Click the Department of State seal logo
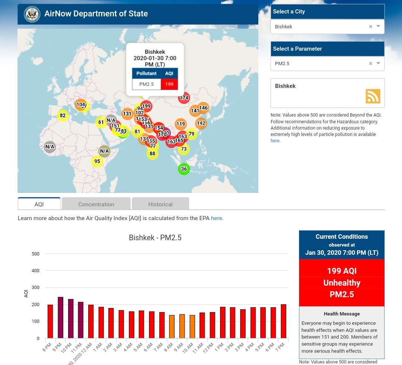pyautogui.click(x=32, y=14)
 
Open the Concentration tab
pyautogui.click(x=96, y=204)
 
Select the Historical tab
pyautogui.click(x=160, y=204)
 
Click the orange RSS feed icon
pyautogui.click(x=373, y=96)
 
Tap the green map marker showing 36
pyautogui.click(x=184, y=169)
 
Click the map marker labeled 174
pyautogui.click(x=184, y=98)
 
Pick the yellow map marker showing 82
pyautogui.click(x=63, y=115)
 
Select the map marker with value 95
pyautogui.click(x=97, y=161)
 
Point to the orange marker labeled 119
pyautogui.click(x=181, y=124)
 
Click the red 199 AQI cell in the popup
pyautogui.click(x=169, y=84)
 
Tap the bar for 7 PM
pyautogui.click(x=284, y=321)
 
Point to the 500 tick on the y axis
pyautogui.click(x=36, y=254)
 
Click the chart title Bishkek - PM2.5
pyautogui.click(x=155, y=238)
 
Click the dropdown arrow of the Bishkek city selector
pyautogui.click(x=378, y=26)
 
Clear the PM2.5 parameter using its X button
pyautogui.click(x=370, y=63)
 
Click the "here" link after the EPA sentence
pyautogui.click(x=217, y=218)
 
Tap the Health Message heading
pyautogui.click(x=342, y=314)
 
